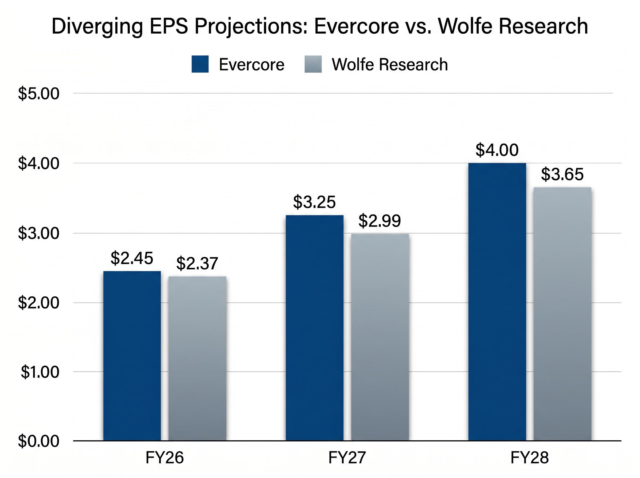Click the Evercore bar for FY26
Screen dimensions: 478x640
coord(132,356)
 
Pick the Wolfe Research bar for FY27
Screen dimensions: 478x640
coord(380,337)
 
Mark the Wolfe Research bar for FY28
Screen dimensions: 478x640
coord(562,314)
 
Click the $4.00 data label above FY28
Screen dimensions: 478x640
coord(497,150)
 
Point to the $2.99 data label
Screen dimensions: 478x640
coord(379,221)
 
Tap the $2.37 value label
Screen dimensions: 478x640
coord(197,264)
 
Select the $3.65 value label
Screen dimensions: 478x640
coord(562,174)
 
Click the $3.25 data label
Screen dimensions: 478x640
coord(314,202)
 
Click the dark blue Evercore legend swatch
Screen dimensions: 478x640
coord(200,64)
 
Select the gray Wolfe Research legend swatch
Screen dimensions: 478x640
coord(313,64)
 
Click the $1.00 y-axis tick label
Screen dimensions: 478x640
coord(40,372)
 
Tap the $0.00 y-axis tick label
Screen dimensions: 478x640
coord(38,441)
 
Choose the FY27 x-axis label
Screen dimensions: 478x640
coord(347,458)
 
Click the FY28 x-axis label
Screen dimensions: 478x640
coord(529,458)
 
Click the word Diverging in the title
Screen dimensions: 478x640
coord(97,27)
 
